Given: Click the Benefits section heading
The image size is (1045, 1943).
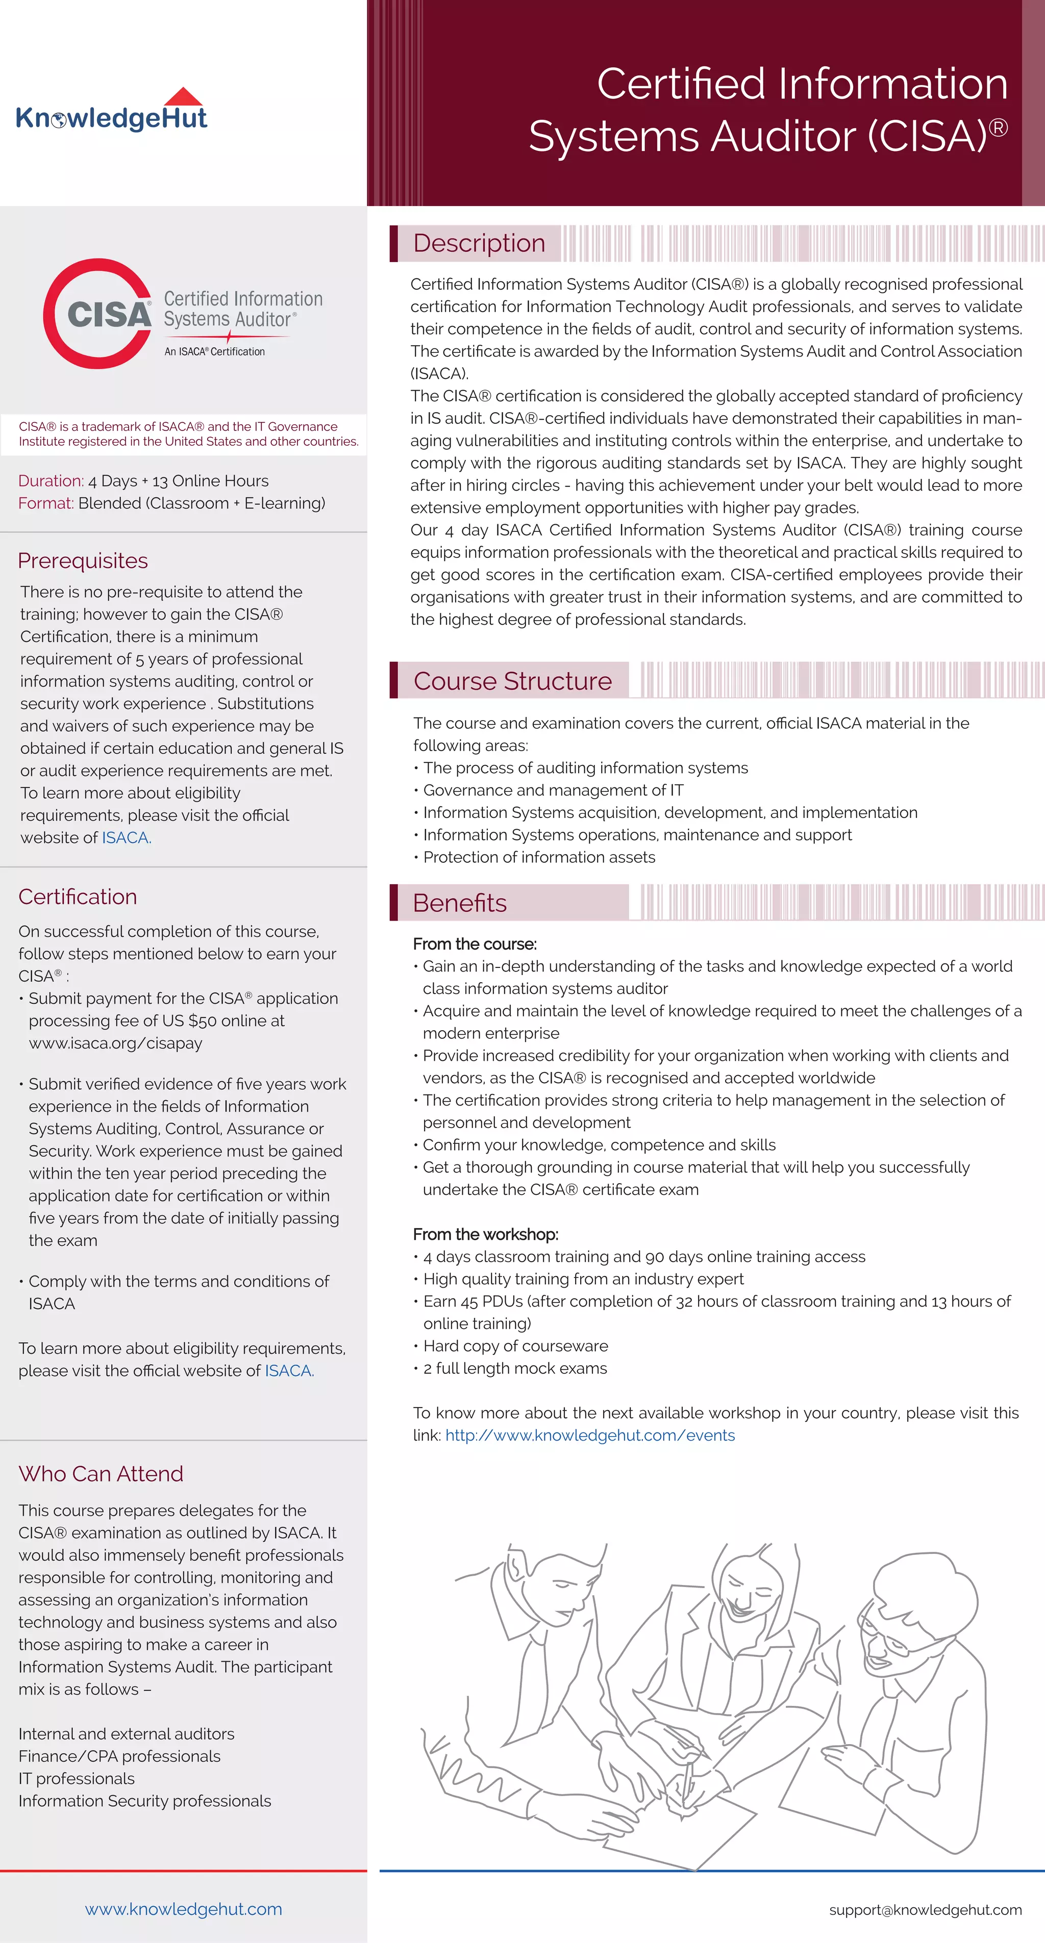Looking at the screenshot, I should (x=460, y=903).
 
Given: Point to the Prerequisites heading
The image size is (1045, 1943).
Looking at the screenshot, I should (x=83, y=560).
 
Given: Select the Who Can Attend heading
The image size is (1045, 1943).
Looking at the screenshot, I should (x=101, y=1473).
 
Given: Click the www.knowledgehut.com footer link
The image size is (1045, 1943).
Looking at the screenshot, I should (x=183, y=1908).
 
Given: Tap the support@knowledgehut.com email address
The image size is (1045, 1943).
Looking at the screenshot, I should (x=925, y=1909).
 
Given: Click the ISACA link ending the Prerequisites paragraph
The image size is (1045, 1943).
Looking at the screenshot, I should (x=126, y=837).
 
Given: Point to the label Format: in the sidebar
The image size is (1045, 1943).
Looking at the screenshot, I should (x=46, y=503).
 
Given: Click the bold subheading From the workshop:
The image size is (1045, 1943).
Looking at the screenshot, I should (x=485, y=1234).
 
